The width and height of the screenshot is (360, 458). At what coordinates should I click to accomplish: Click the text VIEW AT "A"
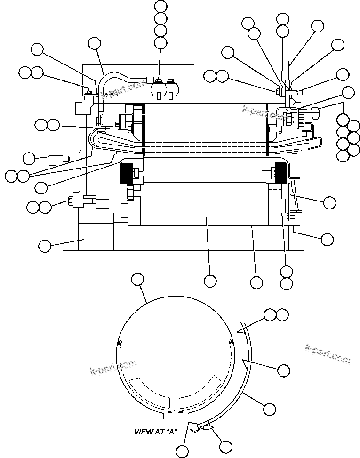coord(155,431)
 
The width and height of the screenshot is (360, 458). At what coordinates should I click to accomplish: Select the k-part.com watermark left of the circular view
coord(113,368)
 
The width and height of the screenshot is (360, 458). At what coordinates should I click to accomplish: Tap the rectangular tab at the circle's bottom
coord(174,414)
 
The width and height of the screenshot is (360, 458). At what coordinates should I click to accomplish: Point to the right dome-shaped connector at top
coord(172,88)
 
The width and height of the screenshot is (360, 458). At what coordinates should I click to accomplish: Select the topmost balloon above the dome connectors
coord(160,6)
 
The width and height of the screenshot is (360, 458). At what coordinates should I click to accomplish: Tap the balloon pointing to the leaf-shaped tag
coord(226,446)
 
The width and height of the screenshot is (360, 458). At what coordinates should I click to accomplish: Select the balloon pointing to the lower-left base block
coord(45,245)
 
